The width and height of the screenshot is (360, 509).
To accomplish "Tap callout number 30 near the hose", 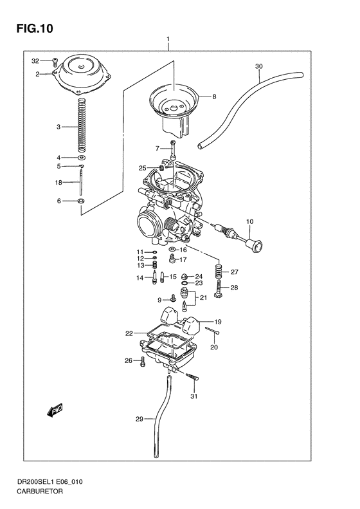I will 258,66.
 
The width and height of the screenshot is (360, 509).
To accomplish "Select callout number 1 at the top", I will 168,40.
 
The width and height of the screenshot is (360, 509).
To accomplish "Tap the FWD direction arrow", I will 53,409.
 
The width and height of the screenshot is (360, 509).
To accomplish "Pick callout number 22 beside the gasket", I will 129,333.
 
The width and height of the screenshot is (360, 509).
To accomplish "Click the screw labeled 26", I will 143,361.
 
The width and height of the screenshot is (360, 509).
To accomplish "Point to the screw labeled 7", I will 173,150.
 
